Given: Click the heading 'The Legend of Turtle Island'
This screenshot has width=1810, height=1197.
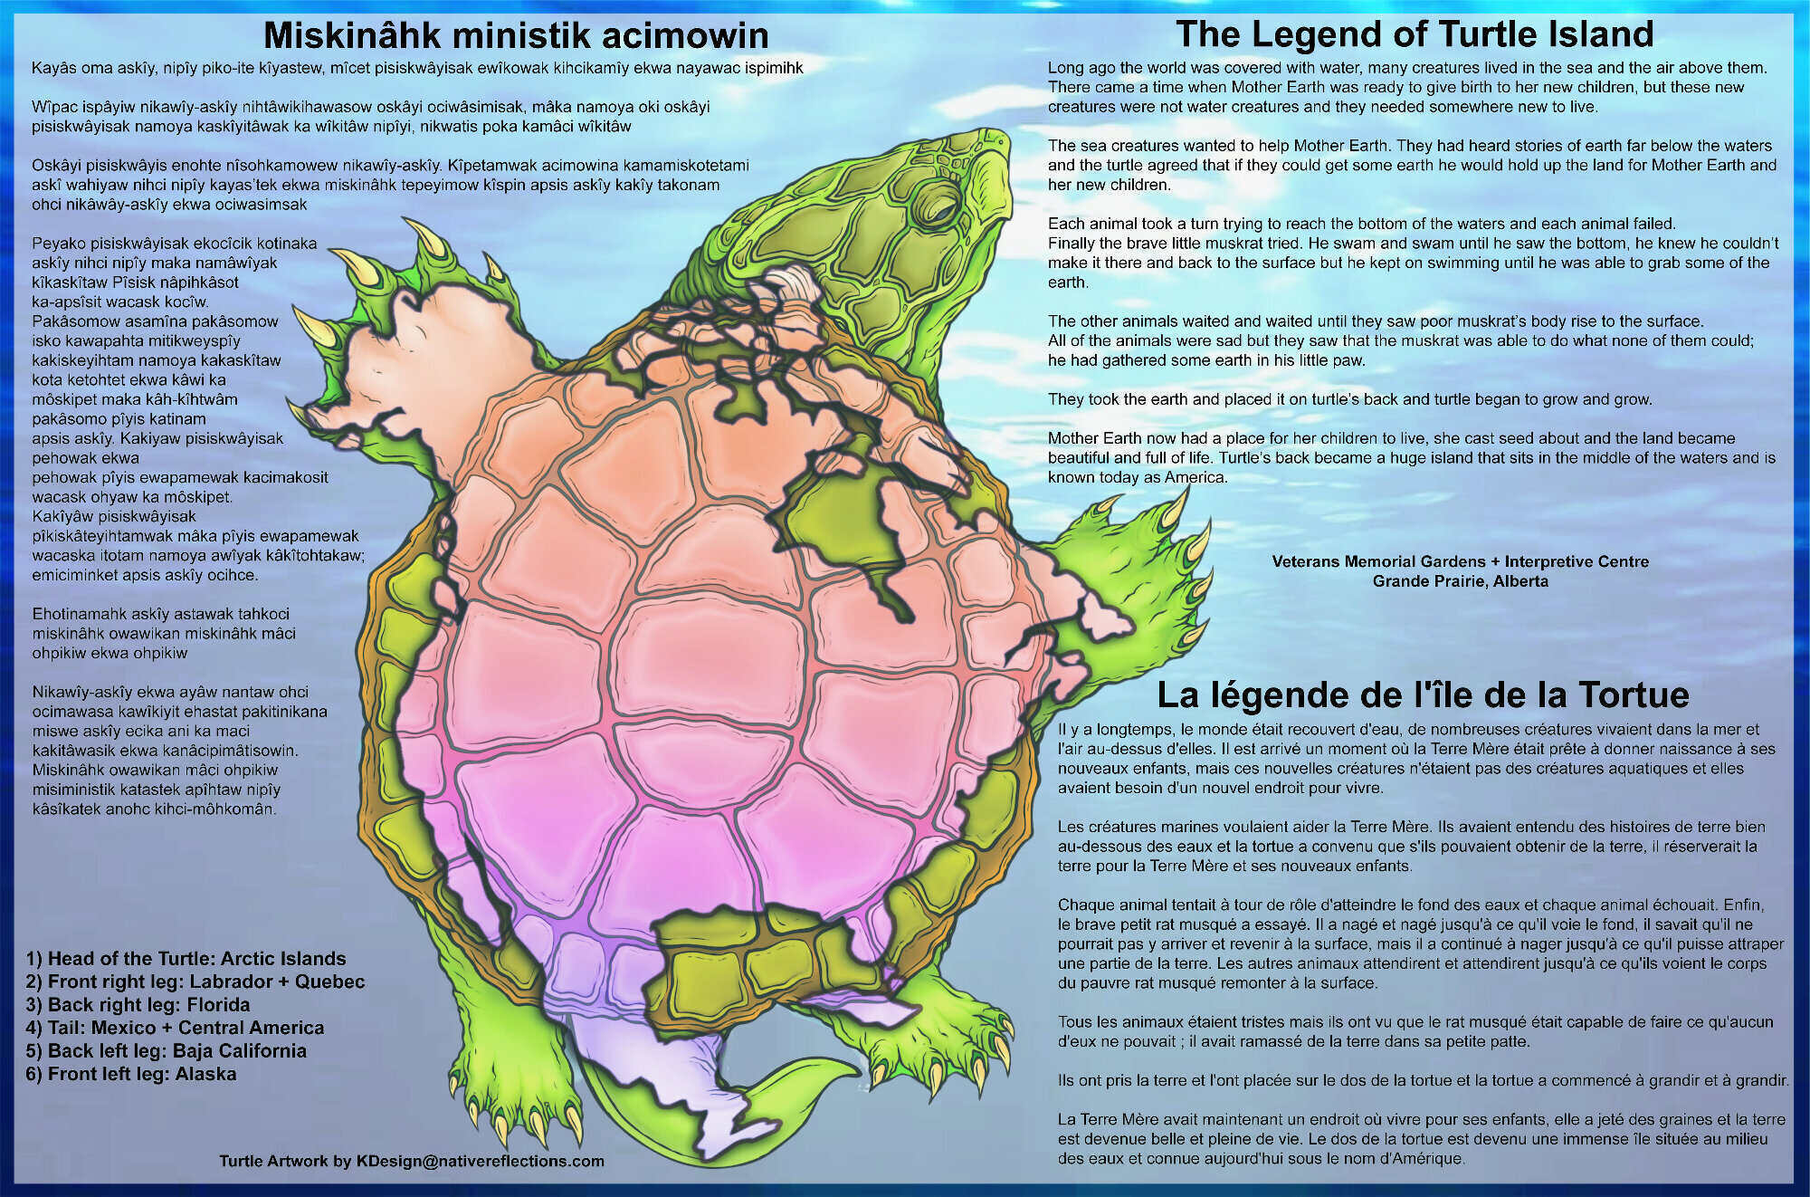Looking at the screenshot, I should [x=1415, y=34].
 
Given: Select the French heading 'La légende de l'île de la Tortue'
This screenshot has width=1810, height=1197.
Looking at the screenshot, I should [x=1423, y=694].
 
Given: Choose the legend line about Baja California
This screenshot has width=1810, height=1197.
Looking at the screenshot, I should [x=167, y=1051].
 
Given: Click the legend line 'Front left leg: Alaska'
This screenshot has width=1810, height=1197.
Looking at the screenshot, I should [x=131, y=1075].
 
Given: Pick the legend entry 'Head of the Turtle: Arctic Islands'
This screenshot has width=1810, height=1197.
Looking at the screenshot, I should [x=186, y=959].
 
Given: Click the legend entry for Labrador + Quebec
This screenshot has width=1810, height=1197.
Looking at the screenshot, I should [x=195, y=982].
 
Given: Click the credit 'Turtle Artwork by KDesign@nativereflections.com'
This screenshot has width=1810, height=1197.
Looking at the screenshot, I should [x=412, y=1162].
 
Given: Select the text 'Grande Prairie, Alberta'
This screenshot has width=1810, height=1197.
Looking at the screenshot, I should [x=1460, y=581].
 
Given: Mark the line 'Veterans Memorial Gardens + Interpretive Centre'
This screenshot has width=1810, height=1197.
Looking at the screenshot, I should [x=1460, y=561].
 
